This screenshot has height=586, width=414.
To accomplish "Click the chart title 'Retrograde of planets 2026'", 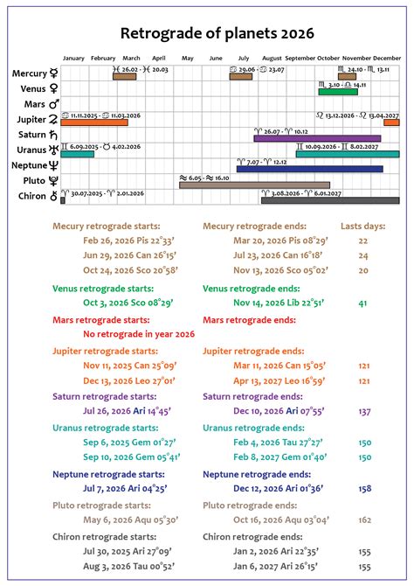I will coord(207,33).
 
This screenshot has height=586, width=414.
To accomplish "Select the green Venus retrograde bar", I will coord(338,92).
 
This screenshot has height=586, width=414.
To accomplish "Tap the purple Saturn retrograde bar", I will coord(317,138).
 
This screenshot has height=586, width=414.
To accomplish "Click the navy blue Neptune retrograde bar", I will coord(309,169).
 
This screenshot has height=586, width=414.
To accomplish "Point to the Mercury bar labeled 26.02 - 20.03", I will coord(124,76).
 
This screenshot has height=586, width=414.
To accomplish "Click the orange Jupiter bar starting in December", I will coord(391,122).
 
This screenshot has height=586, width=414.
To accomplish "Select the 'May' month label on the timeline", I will coord(187,58).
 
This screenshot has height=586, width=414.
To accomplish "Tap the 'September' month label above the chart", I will coord(300,58).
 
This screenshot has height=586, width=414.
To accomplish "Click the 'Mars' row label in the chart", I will coord(31,104).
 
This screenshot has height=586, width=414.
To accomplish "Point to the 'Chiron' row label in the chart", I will coord(31,197).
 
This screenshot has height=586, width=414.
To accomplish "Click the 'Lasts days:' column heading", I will coord(362,225).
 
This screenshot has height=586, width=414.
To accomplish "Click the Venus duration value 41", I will coord(362,303).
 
